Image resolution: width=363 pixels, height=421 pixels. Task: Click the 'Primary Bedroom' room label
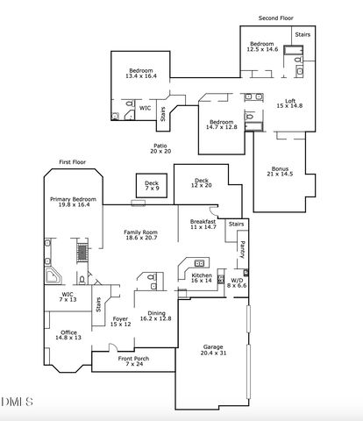point(71,200)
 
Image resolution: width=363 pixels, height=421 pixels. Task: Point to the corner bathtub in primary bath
point(53,278)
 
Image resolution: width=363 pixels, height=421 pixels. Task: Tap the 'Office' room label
point(68,331)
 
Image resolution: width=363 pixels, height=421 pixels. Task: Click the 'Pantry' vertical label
point(242,249)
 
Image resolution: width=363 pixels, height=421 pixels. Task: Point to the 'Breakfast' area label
point(203,222)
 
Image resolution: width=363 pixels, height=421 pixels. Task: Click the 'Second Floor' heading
point(275,18)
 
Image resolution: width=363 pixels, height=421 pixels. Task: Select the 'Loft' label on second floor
point(290,101)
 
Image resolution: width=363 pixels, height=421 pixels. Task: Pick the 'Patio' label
point(160,146)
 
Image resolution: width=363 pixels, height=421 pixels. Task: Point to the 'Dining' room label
point(157,313)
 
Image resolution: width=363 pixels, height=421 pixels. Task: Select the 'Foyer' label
point(120,319)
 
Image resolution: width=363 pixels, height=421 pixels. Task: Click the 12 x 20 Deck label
point(202,182)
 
